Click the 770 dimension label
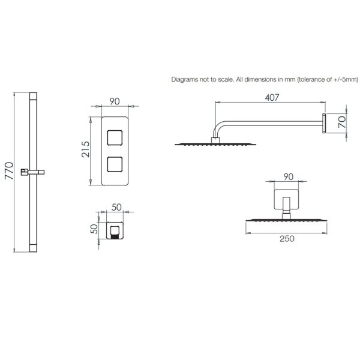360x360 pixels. point(9,170)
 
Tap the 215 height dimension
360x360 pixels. point(86,149)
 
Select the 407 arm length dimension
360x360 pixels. point(272,98)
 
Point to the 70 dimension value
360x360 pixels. point(342,122)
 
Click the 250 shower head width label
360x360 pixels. point(287,239)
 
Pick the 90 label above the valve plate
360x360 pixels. point(115,101)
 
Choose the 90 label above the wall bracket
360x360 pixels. point(289,177)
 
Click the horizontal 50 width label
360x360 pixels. point(116,208)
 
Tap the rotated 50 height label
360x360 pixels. point(94,229)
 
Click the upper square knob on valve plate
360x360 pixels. point(115,138)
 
